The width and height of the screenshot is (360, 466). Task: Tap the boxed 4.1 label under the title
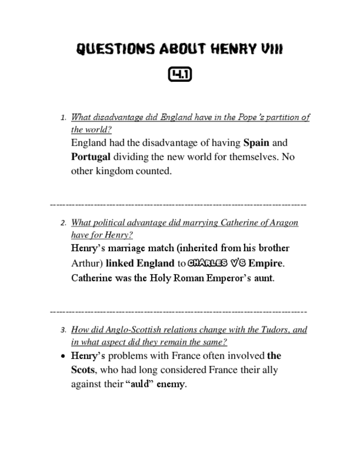click(x=180, y=75)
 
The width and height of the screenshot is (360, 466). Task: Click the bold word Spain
click(x=256, y=143)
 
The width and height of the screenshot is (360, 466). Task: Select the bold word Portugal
click(x=91, y=157)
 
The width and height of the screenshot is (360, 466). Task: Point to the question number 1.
click(x=63, y=118)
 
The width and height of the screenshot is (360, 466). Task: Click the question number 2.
click(x=63, y=223)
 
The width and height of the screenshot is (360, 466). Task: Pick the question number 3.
click(x=63, y=330)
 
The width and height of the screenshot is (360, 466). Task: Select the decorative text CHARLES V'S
click(x=215, y=263)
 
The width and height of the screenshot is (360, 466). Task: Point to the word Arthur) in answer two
click(x=87, y=263)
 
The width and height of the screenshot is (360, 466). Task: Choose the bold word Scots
click(x=82, y=370)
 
